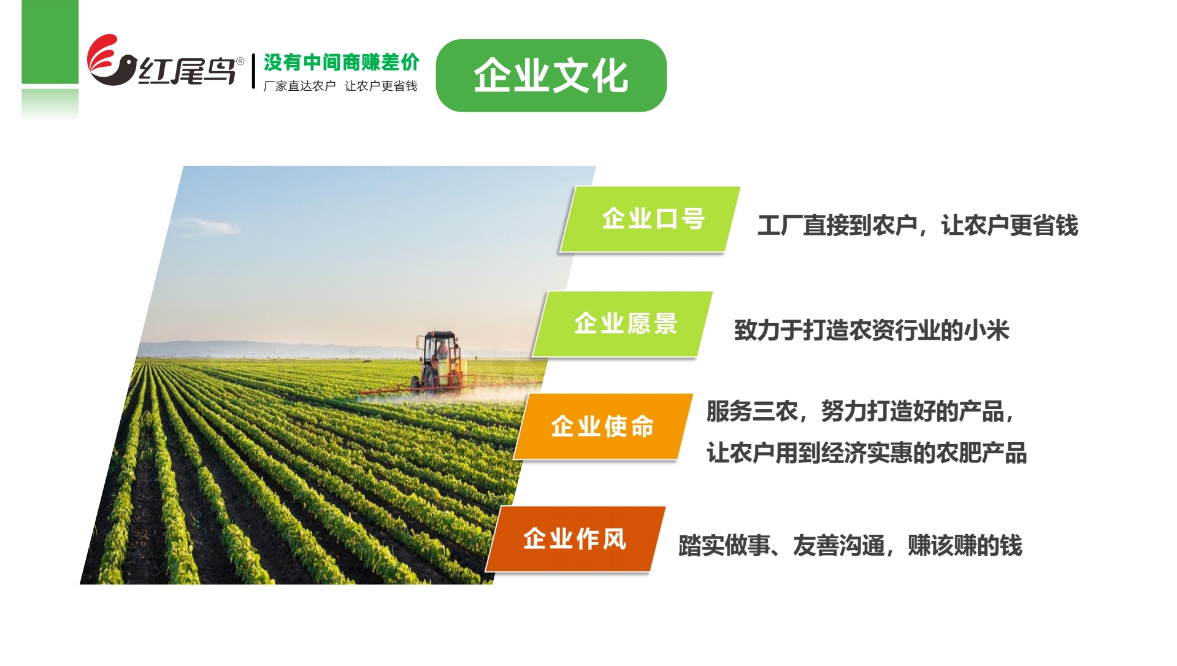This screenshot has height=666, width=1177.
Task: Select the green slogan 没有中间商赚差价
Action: [341, 62]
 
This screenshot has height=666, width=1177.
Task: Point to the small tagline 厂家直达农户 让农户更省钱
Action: [340, 86]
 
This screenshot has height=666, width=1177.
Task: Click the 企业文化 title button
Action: [551, 75]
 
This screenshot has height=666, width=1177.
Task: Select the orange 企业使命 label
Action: [604, 426]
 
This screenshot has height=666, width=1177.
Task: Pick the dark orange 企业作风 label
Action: [575, 539]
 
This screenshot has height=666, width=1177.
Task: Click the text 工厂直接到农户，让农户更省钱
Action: [918, 226]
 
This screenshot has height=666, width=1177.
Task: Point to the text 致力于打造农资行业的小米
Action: [872, 331]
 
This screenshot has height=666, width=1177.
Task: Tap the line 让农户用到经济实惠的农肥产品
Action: [867, 453]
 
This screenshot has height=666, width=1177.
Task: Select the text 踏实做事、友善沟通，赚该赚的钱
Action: [850, 546]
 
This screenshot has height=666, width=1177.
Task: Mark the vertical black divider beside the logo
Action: [253, 71]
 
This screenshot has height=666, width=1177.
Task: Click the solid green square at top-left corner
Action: [50, 42]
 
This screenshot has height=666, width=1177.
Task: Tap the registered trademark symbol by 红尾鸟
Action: [240, 61]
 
